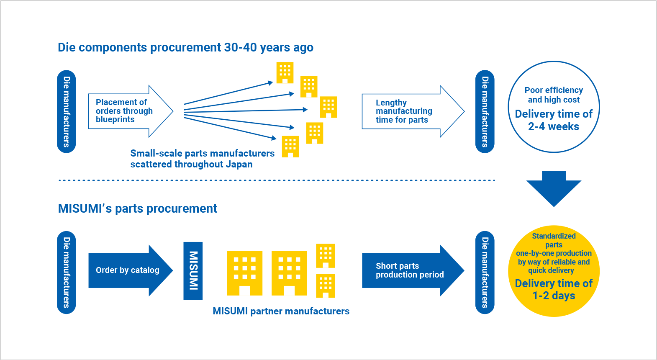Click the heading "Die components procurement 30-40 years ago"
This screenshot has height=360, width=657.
point(185,48)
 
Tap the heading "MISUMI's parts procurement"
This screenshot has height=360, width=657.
point(137,208)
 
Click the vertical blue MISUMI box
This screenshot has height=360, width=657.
point(193,270)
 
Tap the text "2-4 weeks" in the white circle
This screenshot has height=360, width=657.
point(554,127)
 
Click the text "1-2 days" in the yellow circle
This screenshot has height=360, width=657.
point(554,296)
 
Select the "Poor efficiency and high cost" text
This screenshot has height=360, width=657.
point(554,95)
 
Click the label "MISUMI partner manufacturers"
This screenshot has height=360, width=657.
point(281,311)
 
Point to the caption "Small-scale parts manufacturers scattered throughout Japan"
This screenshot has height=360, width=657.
point(202,159)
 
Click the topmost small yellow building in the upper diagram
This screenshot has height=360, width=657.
point(285,73)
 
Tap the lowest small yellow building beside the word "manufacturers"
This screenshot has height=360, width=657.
point(290,147)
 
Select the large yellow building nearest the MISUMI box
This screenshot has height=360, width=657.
point(244,273)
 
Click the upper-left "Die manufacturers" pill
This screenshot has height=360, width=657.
point(67,111)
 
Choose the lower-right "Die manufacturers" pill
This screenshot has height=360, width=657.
point(485,273)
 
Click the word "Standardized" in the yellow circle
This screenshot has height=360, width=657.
point(554,236)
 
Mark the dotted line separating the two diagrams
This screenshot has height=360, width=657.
point(276,180)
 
